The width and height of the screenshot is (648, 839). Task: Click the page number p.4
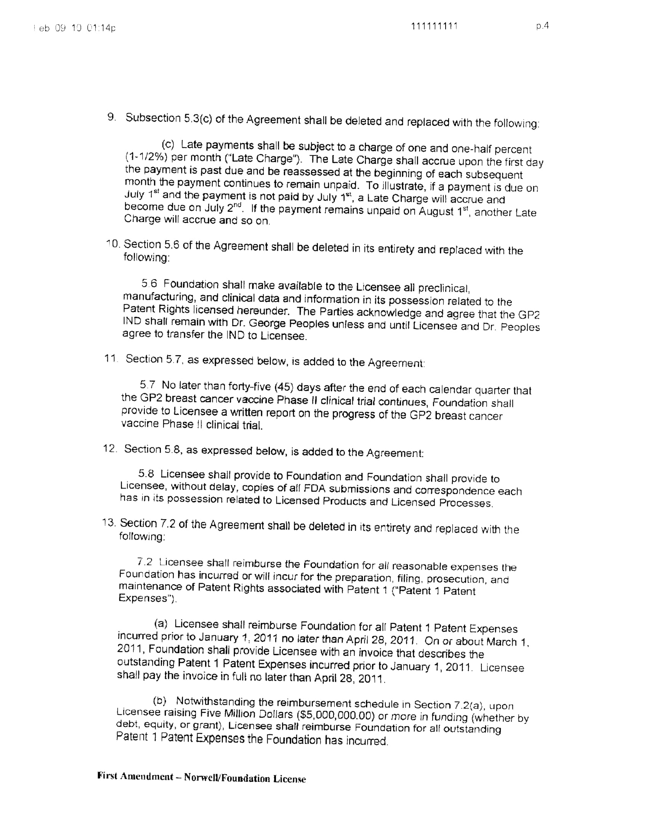[x=542, y=26]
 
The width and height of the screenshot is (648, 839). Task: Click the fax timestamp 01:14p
[x=101, y=28]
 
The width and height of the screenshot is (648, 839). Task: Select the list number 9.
[x=111, y=117]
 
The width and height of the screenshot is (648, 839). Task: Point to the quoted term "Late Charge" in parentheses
[x=262, y=159]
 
